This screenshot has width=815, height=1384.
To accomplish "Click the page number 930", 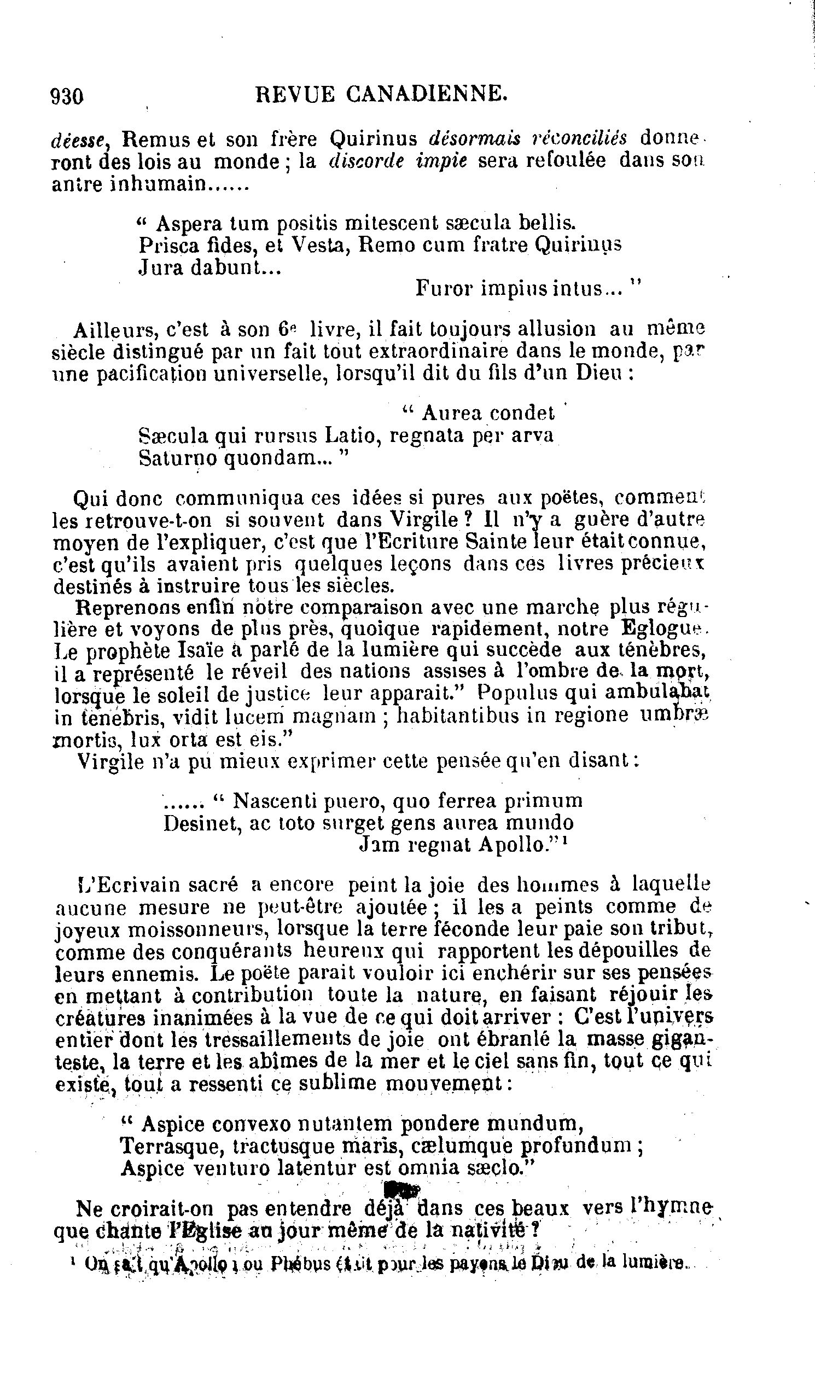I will coord(67,97).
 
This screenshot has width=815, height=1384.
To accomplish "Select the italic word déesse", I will coord(81,141).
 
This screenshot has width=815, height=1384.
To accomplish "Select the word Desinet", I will coord(199,823).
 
